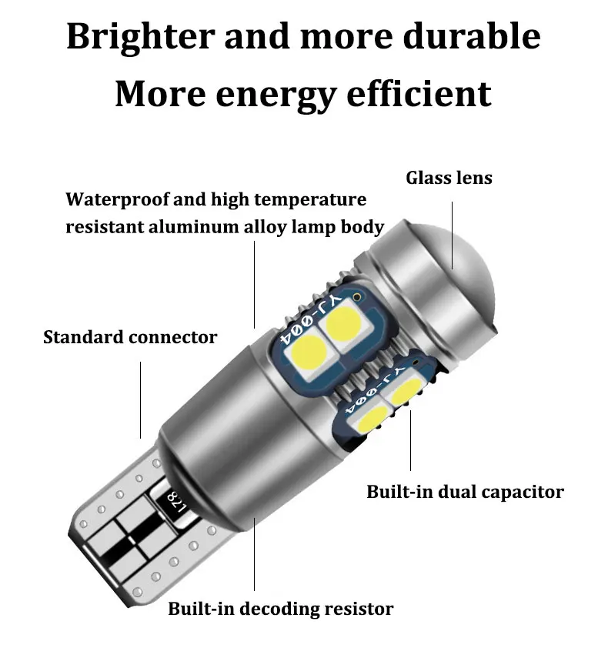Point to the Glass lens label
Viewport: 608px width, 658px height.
pos(449,178)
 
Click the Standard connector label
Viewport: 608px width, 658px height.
pos(130,336)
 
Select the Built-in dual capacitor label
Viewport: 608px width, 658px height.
pos(465,491)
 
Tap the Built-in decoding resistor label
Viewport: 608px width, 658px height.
pos(281,609)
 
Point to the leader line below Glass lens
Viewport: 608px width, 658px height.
pos(452,234)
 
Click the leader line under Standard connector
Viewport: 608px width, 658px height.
pos(141,399)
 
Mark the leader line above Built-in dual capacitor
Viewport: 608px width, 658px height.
pos(410,439)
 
